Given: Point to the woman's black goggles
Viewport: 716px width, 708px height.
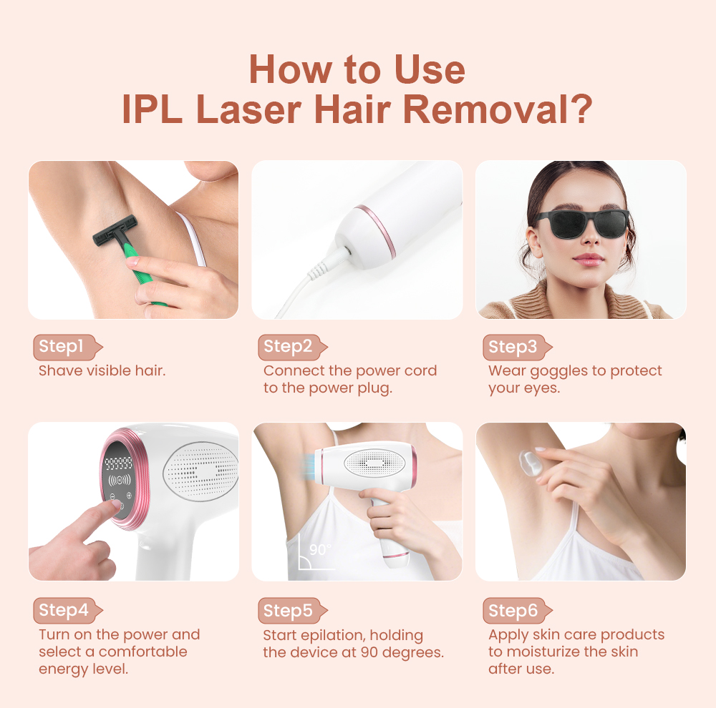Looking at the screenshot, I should pyautogui.click(x=580, y=224).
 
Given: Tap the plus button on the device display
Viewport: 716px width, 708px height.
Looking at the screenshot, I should pyautogui.click(x=129, y=496).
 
